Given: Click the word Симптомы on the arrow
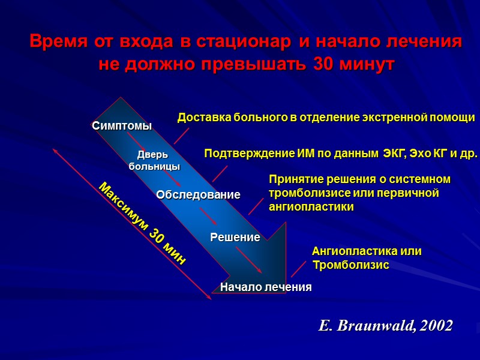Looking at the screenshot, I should pyautogui.click(x=122, y=126).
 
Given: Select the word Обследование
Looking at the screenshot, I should pyautogui.click(x=198, y=195).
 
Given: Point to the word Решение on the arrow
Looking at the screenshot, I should pyautogui.click(x=235, y=238).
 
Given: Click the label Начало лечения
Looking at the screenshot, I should pyautogui.click(x=266, y=287).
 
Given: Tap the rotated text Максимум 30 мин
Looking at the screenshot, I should pyautogui.click(x=142, y=223).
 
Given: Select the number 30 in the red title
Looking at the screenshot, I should pyautogui.click(x=323, y=65).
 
